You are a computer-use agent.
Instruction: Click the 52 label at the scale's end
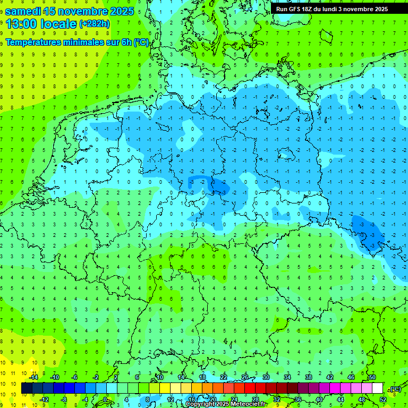pos(382,399)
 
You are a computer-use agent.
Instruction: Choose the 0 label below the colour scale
pos(105,399)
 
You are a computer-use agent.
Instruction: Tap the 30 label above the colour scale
pos(266,377)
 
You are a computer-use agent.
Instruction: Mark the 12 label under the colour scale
pos(171,399)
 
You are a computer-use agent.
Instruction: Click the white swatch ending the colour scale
pos(377,388)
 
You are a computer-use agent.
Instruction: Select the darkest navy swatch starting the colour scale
pos(27,388)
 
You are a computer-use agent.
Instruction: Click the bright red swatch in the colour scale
pos(250,388)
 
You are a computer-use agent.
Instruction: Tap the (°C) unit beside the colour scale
pos(395,389)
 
